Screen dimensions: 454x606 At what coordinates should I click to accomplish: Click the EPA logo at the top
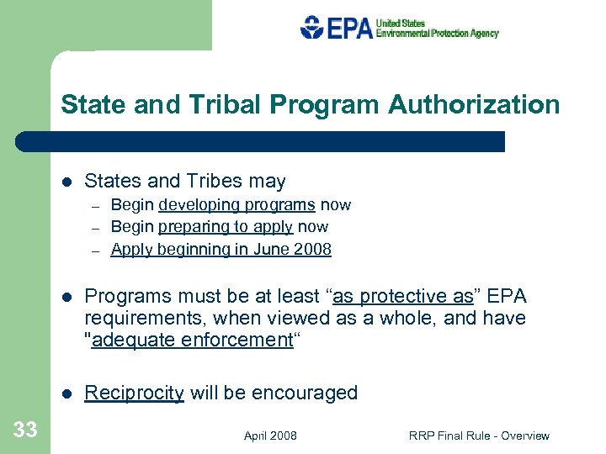click(399, 28)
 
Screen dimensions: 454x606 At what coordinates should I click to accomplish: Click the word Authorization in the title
click(474, 105)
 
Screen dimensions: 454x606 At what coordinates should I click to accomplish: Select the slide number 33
click(25, 430)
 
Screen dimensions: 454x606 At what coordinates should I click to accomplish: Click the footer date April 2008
click(270, 436)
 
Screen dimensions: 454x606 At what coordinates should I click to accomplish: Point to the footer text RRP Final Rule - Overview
click(479, 436)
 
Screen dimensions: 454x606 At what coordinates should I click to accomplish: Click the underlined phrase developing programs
click(237, 204)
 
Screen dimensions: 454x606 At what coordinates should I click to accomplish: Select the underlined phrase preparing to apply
click(225, 226)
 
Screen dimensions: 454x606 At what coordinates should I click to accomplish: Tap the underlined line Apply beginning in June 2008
click(221, 249)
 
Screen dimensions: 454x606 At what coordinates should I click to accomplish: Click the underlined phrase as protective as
click(404, 296)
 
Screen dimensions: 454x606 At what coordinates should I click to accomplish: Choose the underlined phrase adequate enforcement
click(190, 340)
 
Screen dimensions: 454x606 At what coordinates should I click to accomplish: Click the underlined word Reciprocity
click(135, 393)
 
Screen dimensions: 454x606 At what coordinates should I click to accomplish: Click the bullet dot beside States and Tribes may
click(66, 182)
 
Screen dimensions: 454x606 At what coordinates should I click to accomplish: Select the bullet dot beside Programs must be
click(66, 297)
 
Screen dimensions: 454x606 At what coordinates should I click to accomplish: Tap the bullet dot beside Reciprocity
click(66, 393)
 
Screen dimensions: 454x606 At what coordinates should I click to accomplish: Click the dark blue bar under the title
click(261, 141)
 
